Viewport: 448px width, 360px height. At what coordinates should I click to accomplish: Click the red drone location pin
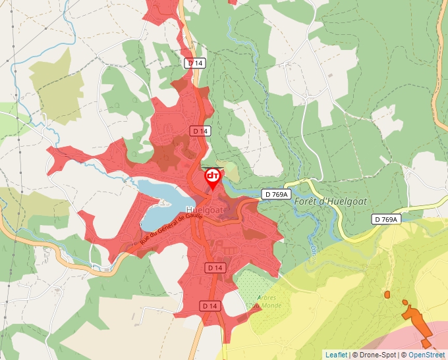[x=213, y=178]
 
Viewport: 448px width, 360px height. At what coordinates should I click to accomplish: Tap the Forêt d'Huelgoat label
[x=330, y=201]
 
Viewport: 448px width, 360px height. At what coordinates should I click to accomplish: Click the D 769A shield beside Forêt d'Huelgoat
[x=276, y=194]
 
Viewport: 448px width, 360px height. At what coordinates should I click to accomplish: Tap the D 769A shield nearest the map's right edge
[x=386, y=219]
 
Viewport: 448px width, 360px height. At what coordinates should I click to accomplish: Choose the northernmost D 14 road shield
[x=195, y=63]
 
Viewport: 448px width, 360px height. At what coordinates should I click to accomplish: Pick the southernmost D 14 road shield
[x=210, y=306]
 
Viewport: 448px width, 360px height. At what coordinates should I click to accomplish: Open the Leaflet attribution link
[x=336, y=355]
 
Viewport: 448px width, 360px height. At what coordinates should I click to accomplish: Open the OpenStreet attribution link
[x=427, y=355]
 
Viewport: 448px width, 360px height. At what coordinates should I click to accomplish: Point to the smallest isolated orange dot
[x=387, y=294]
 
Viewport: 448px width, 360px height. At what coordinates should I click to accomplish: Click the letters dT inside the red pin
[x=213, y=176]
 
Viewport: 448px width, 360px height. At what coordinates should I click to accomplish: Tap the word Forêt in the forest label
[x=307, y=201]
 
